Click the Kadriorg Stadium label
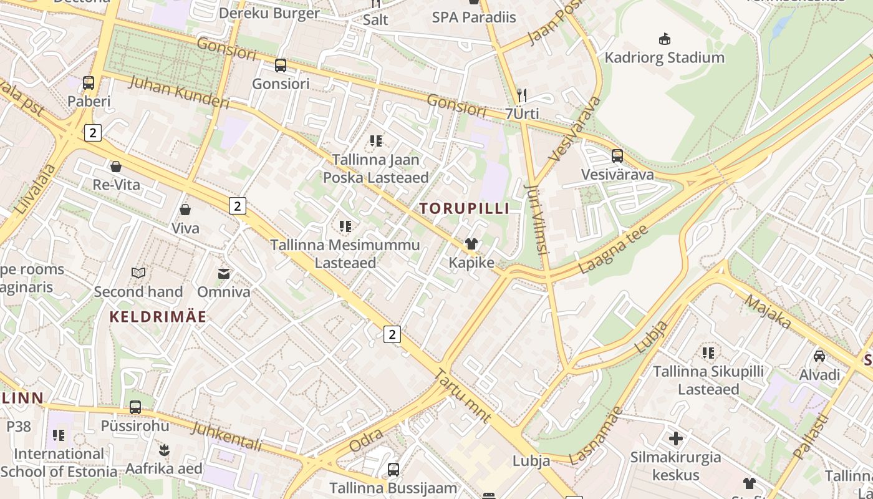click(664, 58)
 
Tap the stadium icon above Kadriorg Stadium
click(665, 39)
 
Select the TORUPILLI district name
click(464, 208)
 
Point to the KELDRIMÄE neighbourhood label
click(158, 317)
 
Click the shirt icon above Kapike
click(471, 244)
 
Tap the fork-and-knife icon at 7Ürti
click(522, 95)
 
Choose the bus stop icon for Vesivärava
click(617, 155)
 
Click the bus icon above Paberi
click(89, 82)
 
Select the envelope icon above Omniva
click(223, 273)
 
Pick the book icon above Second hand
click(138, 273)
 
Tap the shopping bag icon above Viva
click(185, 210)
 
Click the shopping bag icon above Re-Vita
click(115, 167)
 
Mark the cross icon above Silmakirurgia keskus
click(675, 438)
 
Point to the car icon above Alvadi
click(819, 356)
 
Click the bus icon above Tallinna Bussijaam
click(393, 469)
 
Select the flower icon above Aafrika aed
click(164, 449)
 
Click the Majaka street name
click(768, 312)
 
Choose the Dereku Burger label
click(269, 13)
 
